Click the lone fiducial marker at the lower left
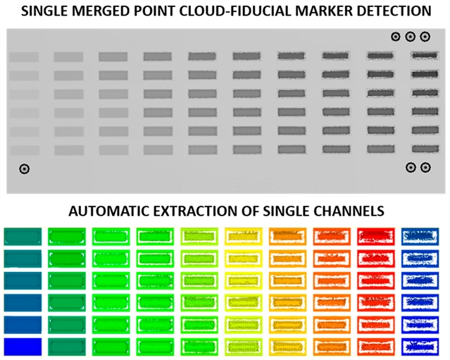click(25, 168)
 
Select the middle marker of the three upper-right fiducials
click(410, 36)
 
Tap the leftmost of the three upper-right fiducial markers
click(396, 36)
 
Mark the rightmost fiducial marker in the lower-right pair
click(425, 167)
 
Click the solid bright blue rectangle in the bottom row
click(23, 347)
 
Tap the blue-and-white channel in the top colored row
click(419, 236)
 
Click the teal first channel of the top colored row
click(23, 236)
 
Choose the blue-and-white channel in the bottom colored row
click(419, 347)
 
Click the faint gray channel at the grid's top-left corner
click(24, 57)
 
